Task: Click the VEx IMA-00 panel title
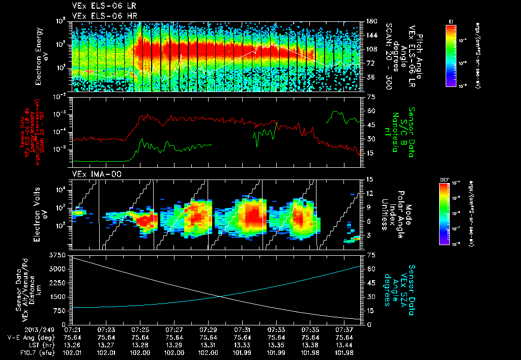pyautogui.click(x=92, y=174)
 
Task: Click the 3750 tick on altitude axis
pyautogui.click(x=57, y=254)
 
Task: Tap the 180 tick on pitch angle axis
pyautogui.click(x=371, y=21)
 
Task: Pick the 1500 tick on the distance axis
pyautogui.click(x=57, y=296)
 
